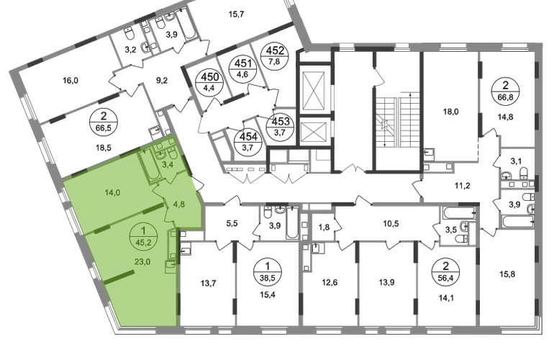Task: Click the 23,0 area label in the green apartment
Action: click(142, 261)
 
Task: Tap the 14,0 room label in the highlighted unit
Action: click(113, 193)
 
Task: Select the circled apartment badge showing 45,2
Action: click(143, 238)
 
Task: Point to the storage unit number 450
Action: click(210, 77)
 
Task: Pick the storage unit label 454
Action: click(248, 137)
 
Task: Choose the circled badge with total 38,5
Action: click(267, 271)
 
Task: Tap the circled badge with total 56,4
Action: click(445, 271)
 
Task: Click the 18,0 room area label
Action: click(451, 112)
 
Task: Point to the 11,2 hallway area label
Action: click(462, 186)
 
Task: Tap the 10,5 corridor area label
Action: click(391, 224)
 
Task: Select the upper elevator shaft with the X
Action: click(312, 90)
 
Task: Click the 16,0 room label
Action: click(71, 81)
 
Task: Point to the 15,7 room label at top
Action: click(237, 14)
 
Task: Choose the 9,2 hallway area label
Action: click(162, 81)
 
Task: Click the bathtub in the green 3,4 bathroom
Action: click(147, 166)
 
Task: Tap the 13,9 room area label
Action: click(386, 282)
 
